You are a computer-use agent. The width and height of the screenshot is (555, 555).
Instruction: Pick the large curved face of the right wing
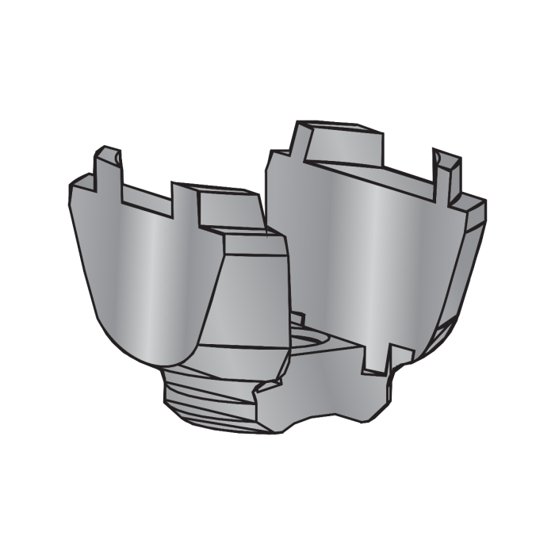(x=357, y=254)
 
